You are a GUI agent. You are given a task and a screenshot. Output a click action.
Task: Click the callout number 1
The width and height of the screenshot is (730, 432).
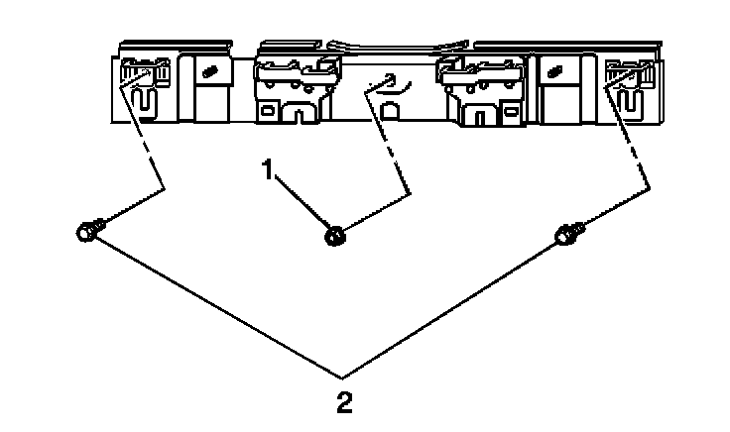coord(267,170)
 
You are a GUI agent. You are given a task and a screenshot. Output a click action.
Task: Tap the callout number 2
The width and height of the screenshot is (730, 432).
coord(341,403)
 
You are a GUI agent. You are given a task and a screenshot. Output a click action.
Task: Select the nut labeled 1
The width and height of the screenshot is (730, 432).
coord(335,235)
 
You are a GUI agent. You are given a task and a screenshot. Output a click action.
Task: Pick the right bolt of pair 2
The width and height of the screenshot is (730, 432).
coord(565,235)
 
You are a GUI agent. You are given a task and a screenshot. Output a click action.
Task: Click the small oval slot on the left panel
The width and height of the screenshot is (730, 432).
coord(209,72)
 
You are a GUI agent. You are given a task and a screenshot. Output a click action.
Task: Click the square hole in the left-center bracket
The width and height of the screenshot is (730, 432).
coord(269,110)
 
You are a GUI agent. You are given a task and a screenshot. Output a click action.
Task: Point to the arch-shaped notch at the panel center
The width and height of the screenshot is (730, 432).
coord(389,111)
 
